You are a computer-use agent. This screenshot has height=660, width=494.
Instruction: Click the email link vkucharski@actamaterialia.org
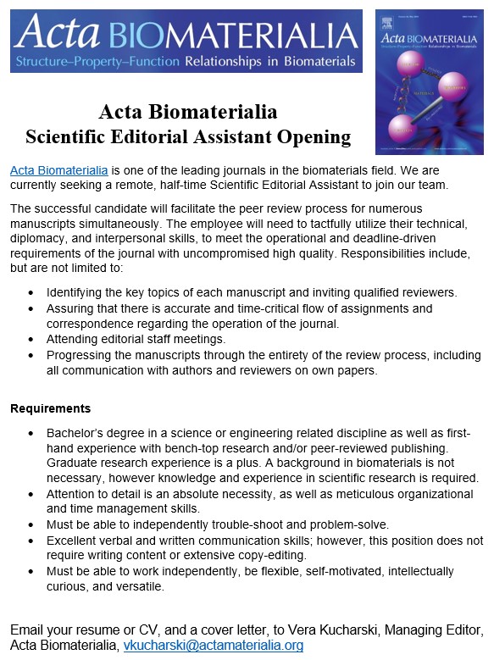(213, 645)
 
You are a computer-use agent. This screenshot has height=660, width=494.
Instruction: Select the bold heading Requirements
(50, 408)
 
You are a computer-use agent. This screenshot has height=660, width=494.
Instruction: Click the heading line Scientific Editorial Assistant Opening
(187, 136)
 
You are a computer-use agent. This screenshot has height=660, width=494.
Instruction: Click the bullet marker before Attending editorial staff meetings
(31, 339)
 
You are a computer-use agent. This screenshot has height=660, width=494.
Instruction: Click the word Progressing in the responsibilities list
(85, 355)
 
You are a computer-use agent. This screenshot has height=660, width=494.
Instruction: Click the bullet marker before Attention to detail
(31, 493)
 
